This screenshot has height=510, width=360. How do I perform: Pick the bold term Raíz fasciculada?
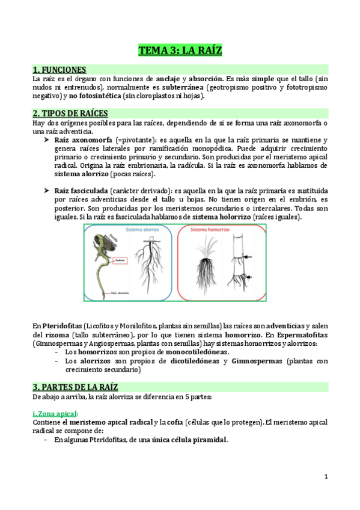83,190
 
